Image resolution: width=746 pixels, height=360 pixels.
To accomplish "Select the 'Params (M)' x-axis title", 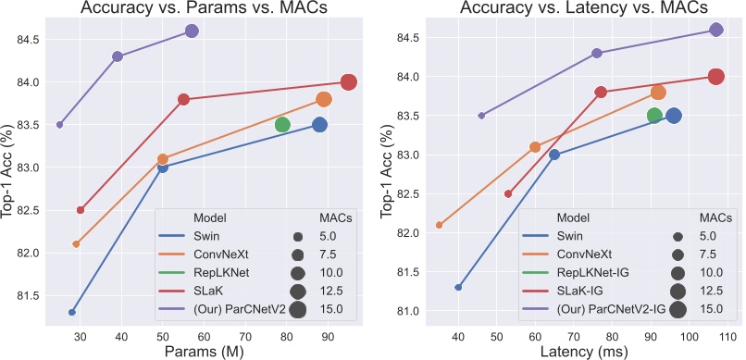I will (204, 351).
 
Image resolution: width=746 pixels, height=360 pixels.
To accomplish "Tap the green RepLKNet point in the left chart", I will (282, 125).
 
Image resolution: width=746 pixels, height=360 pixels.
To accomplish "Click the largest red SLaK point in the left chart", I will (349, 82).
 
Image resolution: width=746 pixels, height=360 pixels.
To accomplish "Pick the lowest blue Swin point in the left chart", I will (72, 312).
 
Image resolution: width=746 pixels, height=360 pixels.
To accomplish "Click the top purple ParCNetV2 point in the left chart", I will (192, 31).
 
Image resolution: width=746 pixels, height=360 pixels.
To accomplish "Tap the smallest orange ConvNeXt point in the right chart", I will (439, 225).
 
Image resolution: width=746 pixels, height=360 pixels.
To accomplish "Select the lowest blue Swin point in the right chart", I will (458, 287).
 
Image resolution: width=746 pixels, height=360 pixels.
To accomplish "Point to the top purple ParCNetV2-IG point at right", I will (715, 30).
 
